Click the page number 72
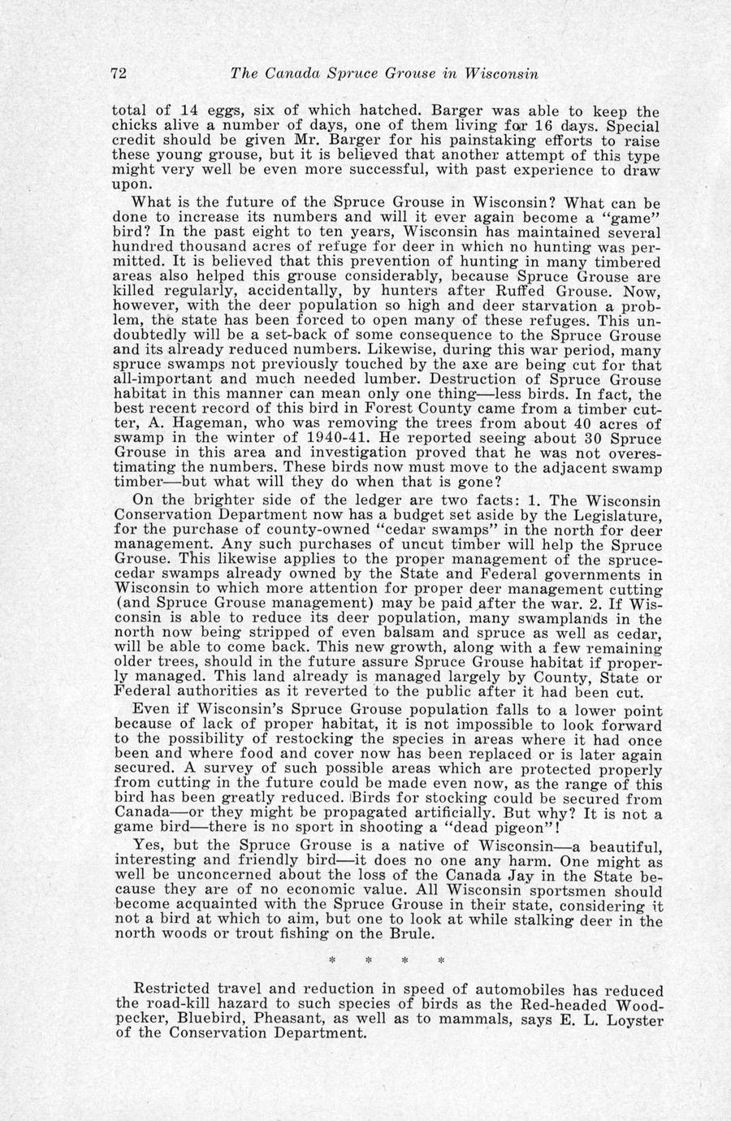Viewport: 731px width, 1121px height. click(x=119, y=74)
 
